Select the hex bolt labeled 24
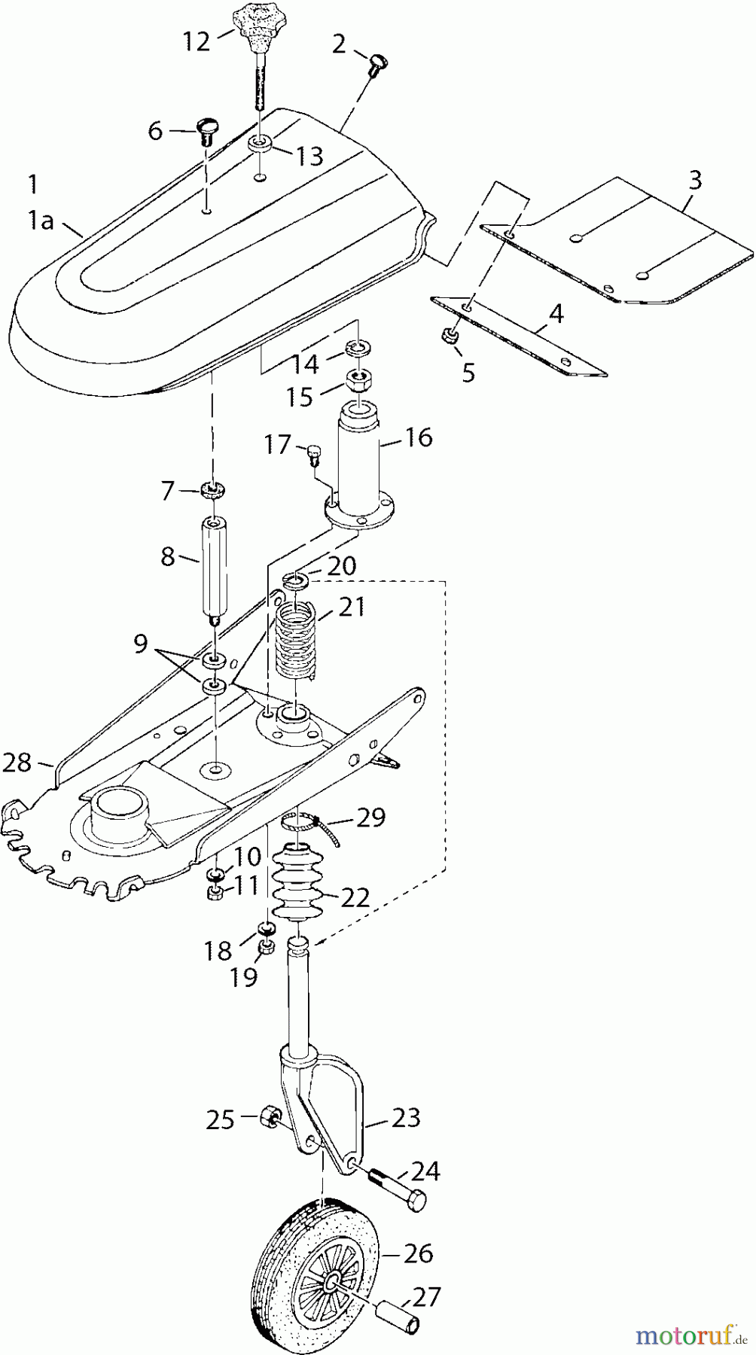point(397,1188)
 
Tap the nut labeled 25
point(270,1116)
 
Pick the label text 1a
point(41,221)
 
